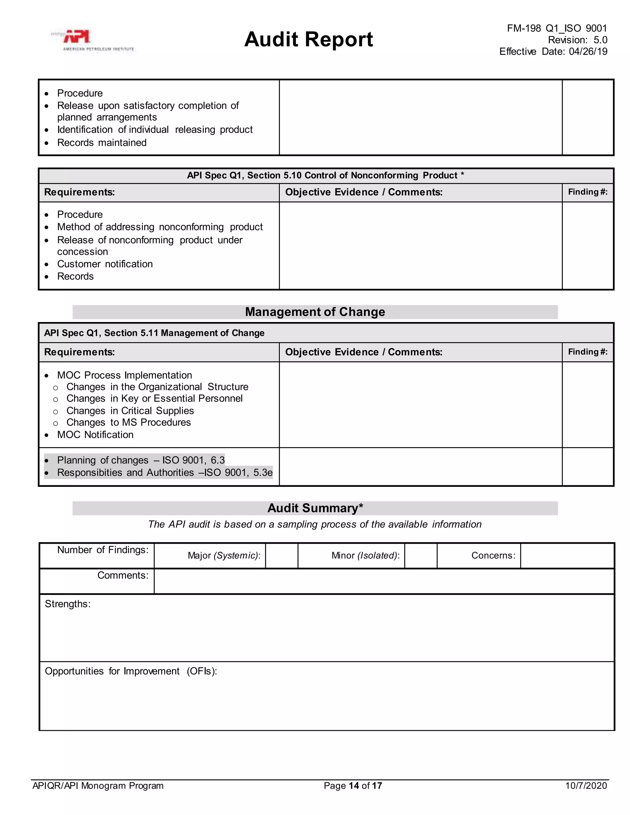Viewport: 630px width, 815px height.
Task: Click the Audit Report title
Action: [308, 40]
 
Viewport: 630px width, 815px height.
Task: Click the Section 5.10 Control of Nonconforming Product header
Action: [325, 175]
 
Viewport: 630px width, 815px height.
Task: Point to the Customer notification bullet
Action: [105, 264]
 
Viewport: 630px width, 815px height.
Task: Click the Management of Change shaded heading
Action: [315, 312]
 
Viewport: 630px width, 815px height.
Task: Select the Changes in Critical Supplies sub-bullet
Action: [130, 411]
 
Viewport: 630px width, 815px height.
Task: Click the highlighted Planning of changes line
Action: [140, 460]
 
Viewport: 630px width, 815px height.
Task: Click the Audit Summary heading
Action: [315, 508]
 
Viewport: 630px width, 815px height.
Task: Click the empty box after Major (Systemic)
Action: [281, 556]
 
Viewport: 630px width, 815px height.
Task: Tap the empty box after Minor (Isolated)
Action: [420, 556]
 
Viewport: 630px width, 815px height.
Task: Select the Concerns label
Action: [493, 555]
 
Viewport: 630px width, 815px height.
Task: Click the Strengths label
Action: [68, 604]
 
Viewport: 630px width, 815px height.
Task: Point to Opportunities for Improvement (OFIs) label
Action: [131, 671]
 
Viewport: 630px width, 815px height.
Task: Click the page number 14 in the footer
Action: [353, 785]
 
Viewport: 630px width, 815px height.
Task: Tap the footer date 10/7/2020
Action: [586, 785]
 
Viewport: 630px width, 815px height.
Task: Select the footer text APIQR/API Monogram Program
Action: [98, 785]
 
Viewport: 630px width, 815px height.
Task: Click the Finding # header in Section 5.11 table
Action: [588, 352]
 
